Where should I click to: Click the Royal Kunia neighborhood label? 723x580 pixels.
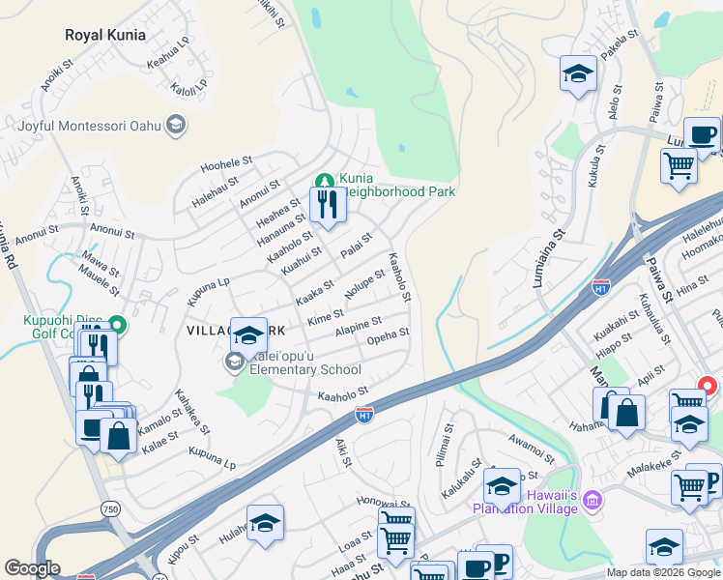[x=105, y=35]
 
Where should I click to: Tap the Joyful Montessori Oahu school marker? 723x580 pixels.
[x=176, y=125]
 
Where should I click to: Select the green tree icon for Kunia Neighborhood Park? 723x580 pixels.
[x=325, y=180]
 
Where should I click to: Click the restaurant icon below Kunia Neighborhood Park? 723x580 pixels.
[x=327, y=205]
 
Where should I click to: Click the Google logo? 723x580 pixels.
[x=33, y=568]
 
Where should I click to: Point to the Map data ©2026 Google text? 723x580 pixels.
[x=662, y=572]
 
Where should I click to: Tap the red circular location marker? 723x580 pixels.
[x=707, y=385]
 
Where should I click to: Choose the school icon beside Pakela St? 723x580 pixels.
[x=577, y=73]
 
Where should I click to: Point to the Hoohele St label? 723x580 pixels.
[x=226, y=165]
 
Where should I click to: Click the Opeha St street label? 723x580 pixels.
[x=389, y=335]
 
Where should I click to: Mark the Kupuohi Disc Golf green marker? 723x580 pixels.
[x=118, y=325]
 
